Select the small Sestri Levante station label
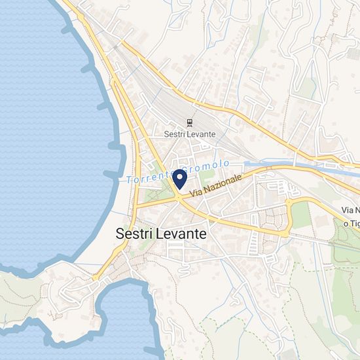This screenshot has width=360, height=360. click(x=190, y=133)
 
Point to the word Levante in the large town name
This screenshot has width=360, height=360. click(x=183, y=233)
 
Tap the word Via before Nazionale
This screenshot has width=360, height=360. click(x=196, y=194)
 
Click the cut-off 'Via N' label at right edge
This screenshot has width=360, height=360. click(x=350, y=210)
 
